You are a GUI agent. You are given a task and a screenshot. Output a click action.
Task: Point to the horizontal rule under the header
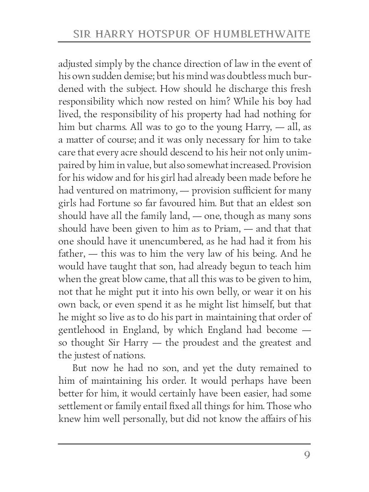184,42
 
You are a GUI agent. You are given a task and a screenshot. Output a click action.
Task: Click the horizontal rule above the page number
184,444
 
